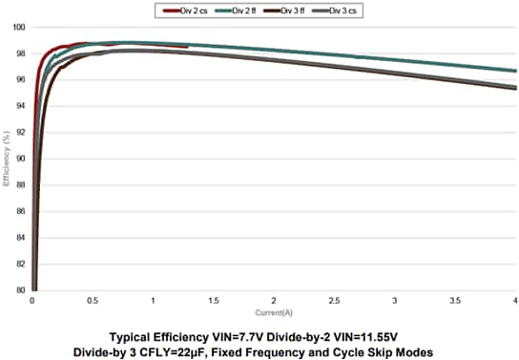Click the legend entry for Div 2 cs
pyautogui.click(x=192, y=10)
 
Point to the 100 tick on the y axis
pyautogui.click(x=19, y=27)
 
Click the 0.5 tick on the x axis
pyautogui.click(x=93, y=301)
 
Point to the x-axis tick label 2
pyautogui.click(x=274, y=301)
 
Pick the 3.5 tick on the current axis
pyautogui.click(x=455, y=301)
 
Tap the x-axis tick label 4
pyautogui.click(x=514, y=301)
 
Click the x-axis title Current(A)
pyautogui.click(x=274, y=312)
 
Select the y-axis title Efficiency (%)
pyautogui.click(x=7, y=159)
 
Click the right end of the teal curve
pyautogui.click(x=515, y=71)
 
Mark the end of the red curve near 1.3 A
pyautogui.click(x=188, y=46)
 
